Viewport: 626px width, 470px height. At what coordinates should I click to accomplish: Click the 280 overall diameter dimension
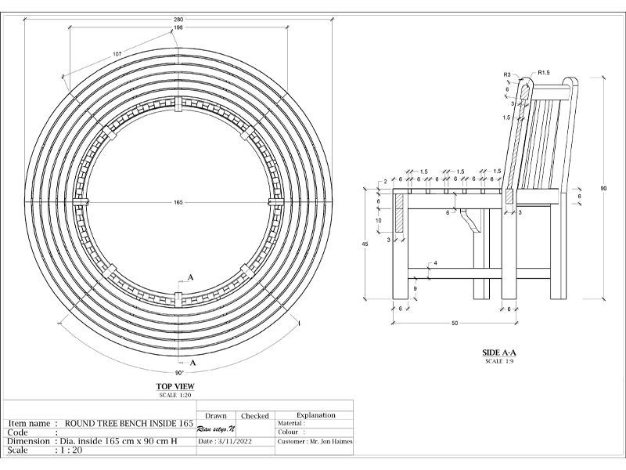[178, 18]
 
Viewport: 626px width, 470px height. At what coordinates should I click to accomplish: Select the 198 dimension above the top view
[178, 27]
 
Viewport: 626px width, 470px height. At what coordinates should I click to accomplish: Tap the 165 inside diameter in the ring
[178, 202]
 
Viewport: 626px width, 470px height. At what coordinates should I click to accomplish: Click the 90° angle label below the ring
[179, 374]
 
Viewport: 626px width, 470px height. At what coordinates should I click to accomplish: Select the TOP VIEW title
[177, 386]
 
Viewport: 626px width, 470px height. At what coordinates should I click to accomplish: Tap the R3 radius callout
[507, 74]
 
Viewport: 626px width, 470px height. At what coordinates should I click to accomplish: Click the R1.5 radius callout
[544, 73]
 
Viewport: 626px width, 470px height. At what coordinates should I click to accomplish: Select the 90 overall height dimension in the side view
[604, 189]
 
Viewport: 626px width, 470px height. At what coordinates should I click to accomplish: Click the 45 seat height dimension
[365, 244]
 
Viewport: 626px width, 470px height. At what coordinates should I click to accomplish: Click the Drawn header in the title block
[215, 416]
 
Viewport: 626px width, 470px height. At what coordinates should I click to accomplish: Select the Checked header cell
[255, 416]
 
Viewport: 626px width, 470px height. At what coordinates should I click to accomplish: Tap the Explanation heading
[316, 415]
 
